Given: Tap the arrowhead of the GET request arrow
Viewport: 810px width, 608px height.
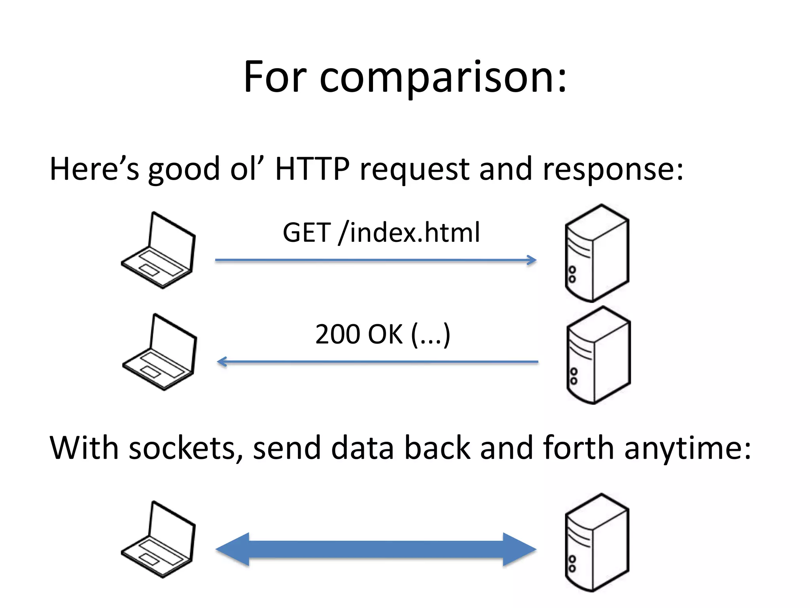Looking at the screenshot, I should pos(532,260).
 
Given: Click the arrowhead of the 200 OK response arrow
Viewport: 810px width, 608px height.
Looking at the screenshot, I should pos(222,361).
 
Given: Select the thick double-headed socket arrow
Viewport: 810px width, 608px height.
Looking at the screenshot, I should pos(376,549).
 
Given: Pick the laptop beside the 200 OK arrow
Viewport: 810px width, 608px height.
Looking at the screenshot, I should pos(160,352).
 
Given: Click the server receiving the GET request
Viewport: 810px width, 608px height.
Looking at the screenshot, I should pos(597,253).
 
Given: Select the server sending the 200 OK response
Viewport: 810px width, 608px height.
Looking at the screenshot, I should pos(598,355).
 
